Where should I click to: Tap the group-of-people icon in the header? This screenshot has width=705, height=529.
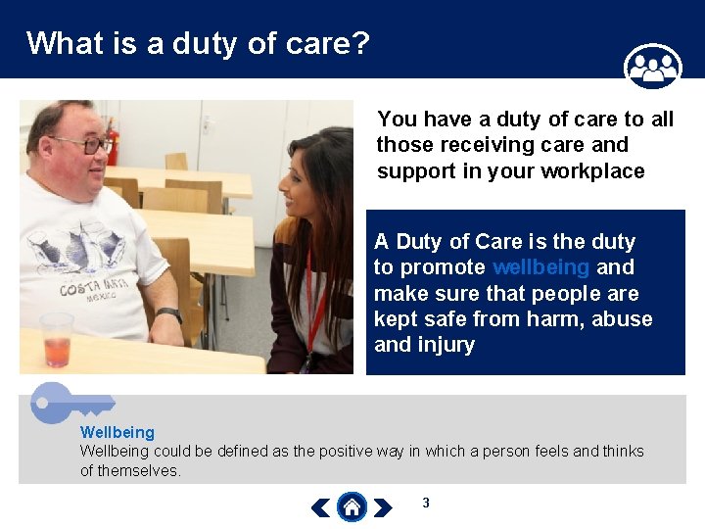(x=652, y=67)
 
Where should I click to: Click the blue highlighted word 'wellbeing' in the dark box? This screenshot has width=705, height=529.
(x=540, y=267)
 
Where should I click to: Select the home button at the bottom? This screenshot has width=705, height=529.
(x=352, y=506)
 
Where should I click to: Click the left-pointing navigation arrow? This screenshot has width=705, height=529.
(x=320, y=507)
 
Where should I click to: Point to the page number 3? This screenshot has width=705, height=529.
(x=426, y=504)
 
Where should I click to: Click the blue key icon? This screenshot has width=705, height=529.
(x=69, y=402)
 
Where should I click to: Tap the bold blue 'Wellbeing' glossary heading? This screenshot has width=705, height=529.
(x=117, y=432)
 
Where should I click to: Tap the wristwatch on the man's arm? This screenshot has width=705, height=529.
(x=169, y=315)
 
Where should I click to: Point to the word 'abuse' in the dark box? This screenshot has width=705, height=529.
(x=621, y=319)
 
